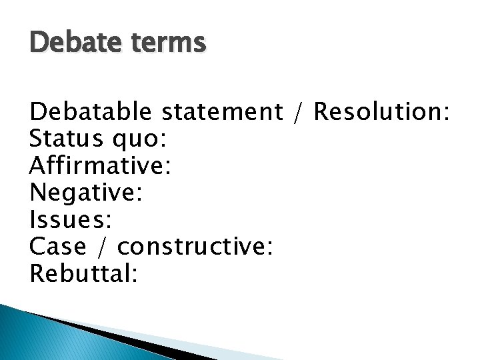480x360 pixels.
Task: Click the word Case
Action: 59,246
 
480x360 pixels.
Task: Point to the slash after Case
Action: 103,247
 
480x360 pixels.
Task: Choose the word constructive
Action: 191,246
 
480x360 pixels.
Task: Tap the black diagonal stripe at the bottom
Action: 113,337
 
